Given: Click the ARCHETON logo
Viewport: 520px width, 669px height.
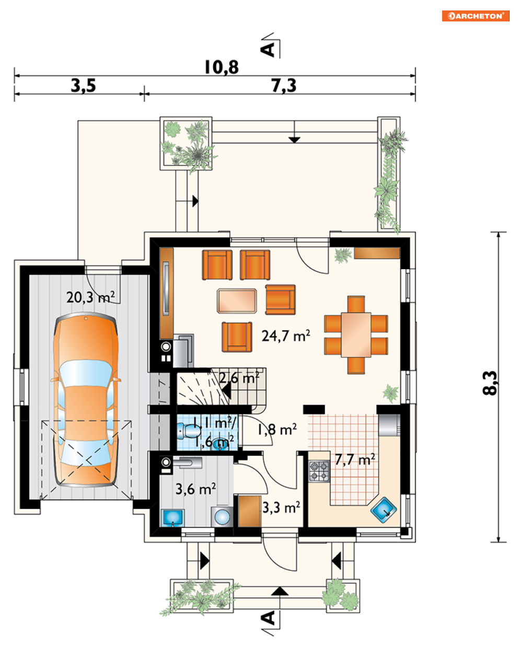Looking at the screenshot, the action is (476, 16).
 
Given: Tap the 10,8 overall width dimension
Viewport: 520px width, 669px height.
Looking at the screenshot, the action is (222, 67).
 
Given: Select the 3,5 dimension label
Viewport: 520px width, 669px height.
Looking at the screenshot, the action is (83, 86).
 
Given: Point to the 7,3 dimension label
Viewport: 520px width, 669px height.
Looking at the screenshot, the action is (284, 86).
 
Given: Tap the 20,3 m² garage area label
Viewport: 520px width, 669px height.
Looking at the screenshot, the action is (90, 297).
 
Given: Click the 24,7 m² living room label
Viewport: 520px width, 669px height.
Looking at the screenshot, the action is (286, 336).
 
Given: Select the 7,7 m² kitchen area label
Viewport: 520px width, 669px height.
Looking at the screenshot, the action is (355, 459).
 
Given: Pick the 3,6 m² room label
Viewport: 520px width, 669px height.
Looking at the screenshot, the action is (195, 489).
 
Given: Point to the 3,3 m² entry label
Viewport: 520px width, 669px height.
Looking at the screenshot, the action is (281, 507).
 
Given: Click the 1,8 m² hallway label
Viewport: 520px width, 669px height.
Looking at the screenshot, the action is (277, 430).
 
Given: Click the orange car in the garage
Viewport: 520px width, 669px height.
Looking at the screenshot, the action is (86, 400).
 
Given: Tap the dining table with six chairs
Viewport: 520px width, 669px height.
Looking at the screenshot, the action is (356, 335).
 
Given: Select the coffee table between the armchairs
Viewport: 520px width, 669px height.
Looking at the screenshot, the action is (237, 301).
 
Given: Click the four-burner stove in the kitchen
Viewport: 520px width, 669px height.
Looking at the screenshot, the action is (319, 471).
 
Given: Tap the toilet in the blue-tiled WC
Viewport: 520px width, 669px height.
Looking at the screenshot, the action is (189, 430).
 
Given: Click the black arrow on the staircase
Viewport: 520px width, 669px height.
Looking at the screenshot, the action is (226, 392).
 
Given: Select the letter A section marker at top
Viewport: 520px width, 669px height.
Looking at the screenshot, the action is (268, 49).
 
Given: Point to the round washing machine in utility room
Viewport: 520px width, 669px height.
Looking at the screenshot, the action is (222, 516).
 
